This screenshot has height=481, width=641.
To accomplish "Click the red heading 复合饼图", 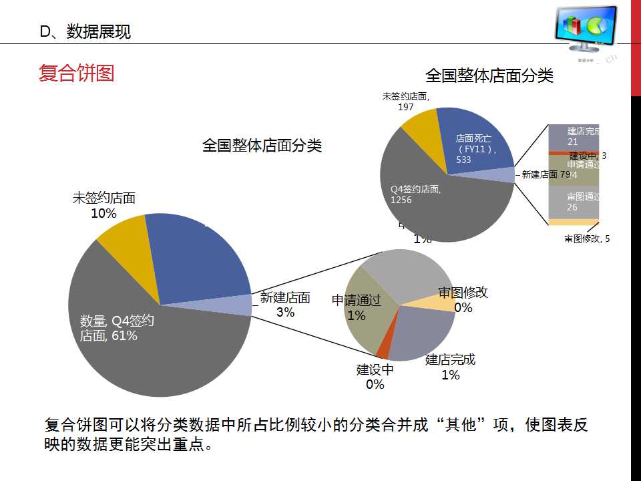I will (76, 73).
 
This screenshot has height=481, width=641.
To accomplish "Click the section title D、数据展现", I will (85, 31).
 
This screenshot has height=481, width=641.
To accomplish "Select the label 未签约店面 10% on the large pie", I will (104, 206).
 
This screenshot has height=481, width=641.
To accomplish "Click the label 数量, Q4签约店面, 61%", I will (116, 328).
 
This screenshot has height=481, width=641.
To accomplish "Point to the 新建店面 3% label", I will (285, 305).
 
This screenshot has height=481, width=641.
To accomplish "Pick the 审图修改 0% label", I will (463, 300).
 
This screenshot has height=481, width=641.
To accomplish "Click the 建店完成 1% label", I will (451, 367).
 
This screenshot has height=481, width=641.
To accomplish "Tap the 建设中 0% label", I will (375, 377).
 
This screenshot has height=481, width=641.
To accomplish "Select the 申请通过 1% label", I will (357, 308).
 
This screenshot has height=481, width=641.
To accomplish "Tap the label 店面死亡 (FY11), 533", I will (474, 149).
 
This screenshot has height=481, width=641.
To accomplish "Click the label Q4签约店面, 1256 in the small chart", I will (415, 194).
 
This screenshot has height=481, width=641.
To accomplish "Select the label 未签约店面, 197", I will (406, 102).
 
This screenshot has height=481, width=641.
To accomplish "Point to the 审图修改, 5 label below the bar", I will (587, 238).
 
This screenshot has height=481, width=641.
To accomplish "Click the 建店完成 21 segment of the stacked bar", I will (573, 137).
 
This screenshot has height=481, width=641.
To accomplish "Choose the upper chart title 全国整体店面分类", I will (489, 75).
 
